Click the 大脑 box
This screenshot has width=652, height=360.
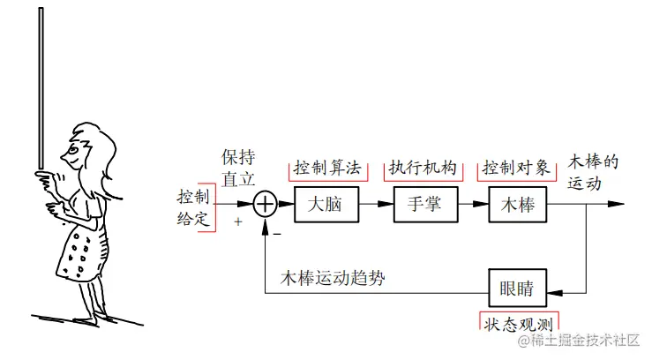pos(324,204)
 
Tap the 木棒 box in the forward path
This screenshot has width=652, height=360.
pos(517,204)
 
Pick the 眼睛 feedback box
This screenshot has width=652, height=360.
pos(517,287)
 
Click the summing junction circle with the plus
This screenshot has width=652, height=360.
pos(266,204)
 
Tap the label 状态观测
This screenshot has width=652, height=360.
pos(519,322)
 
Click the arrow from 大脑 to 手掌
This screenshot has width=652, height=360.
pos(374,204)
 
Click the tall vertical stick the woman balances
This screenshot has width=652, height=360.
pos(41,88)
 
